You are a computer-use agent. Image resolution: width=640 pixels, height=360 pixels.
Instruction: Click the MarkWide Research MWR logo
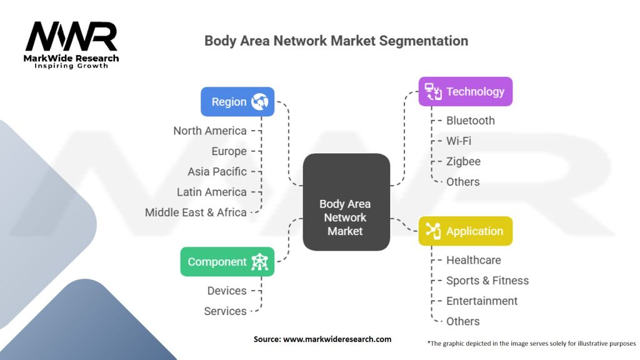point(71,45)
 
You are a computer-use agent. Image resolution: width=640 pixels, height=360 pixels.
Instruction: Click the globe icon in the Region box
point(259,102)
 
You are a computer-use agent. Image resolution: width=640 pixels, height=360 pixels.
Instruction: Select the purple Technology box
point(465,91)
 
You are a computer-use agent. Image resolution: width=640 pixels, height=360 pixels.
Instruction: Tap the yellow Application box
point(465,231)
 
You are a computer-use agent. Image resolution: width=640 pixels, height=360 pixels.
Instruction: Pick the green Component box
point(227,262)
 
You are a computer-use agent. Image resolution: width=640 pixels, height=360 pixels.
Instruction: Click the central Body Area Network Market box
point(346,202)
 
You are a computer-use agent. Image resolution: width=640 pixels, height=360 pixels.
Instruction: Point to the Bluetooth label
point(470,121)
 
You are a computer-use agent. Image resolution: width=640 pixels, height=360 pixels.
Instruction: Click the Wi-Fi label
point(459,141)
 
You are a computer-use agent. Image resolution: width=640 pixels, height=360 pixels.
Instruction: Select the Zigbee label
point(463,162)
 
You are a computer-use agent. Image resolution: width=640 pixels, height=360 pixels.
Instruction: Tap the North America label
point(210,131)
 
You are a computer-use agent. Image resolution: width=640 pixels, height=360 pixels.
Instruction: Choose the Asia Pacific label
point(217,171)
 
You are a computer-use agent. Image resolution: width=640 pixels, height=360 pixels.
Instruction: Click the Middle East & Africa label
point(196,212)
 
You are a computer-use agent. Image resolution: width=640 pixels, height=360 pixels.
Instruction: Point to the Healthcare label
point(474,260)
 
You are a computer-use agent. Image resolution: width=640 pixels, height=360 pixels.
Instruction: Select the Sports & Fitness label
point(487,281)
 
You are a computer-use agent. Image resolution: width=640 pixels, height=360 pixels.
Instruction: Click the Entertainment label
point(482,301)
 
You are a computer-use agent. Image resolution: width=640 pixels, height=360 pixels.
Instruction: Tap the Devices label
point(227,291)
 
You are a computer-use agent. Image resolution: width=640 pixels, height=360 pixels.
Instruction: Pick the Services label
point(225,311)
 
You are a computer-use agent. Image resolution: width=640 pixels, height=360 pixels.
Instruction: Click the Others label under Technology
point(463,182)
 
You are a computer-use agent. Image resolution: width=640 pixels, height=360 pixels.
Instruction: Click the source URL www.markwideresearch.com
point(337,339)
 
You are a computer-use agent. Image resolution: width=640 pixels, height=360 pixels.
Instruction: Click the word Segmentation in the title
point(423,41)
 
